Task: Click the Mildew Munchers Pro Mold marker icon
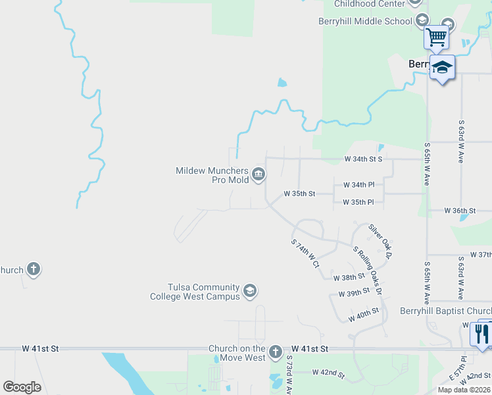[x=258, y=174]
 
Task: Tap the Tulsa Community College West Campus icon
[x=249, y=291]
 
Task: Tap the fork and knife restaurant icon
[x=482, y=334]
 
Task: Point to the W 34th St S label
[x=364, y=159]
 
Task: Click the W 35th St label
[x=299, y=194]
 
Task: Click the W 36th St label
[x=460, y=211]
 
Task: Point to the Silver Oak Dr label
[x=380, y=240]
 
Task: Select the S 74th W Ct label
[x=305, y=253]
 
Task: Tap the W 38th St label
[x=349, y=278]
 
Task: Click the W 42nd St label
[x=328, y=373]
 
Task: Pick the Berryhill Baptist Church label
[x=445, y=311]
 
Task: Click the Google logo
[x=22, y=387]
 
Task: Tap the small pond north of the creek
[x=282, y=83]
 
